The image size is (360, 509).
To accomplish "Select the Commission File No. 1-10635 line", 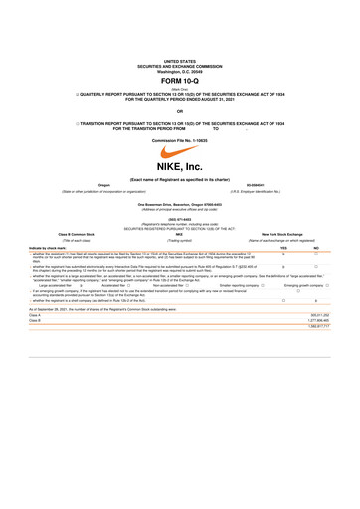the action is (180, 140).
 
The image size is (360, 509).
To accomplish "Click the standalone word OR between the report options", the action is (180, 110).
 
